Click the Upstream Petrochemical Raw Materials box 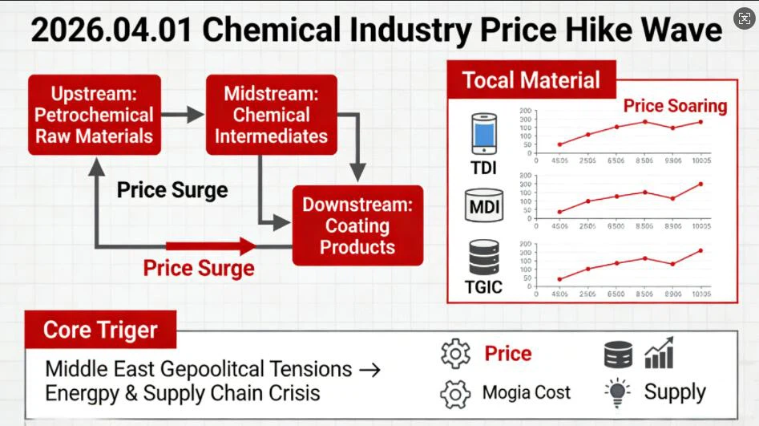[94, 116]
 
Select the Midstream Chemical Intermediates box [271, 116]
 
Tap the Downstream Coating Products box [357, 225]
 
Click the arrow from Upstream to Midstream [184, 115]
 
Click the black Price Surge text [172, 190]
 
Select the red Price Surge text [199, 268]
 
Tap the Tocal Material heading [531, 80]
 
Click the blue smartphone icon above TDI [483, 134]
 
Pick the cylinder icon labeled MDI [483, 205]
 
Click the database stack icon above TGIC [483, 258]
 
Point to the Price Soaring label [675, 106]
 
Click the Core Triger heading [100, 330]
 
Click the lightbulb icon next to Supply [616, 392]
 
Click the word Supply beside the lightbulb [675, 392]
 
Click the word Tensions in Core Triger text [309, 369]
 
